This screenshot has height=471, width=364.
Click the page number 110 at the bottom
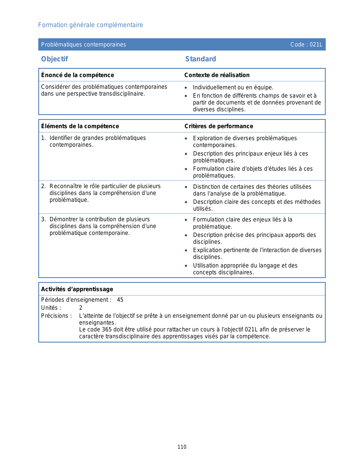(x=182, y=447)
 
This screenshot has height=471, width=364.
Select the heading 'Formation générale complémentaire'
(x=91, y=25)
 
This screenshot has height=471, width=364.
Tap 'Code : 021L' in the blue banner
(x=306, y=45)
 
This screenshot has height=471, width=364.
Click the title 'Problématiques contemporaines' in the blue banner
(x=83, y=45)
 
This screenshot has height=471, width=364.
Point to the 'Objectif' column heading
(x=55, y=59)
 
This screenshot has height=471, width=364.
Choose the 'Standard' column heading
(x=200, y=59)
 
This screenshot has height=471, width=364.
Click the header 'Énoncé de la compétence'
(x=77, y=75)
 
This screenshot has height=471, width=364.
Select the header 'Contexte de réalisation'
(x=217, y=75)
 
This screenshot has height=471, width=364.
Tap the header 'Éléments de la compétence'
(x=80, y=126)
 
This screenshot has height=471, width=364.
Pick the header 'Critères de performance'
(x=219, y=126)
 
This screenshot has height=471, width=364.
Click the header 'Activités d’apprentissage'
(x=77, y=289)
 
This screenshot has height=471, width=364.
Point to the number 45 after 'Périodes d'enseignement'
(x=120, y=300)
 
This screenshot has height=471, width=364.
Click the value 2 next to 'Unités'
(x=81, y=308)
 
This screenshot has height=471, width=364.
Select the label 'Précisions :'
(x=56, y=316)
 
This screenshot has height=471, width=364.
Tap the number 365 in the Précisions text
(x=107, y=329)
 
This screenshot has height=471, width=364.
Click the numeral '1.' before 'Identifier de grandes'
(x=43, y=138)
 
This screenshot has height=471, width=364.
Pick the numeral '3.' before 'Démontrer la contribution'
(x=43, y=220)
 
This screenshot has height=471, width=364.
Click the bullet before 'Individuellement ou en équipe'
(x=186, y=88)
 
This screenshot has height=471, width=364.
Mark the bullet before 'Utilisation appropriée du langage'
(x=186, y=266)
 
